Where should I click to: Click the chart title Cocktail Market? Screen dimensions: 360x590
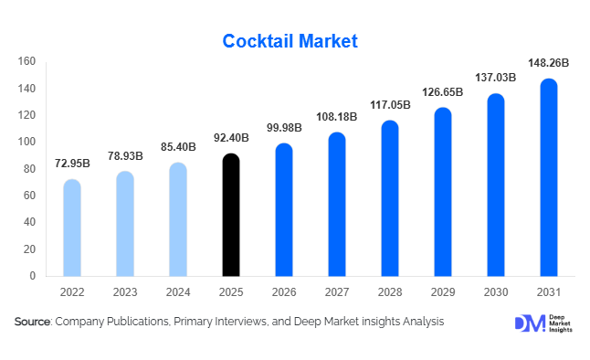[291, 41]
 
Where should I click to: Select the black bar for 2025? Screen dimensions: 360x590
[231, 215]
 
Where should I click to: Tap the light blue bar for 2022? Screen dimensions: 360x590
[71, 228]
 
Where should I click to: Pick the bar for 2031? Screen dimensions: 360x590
[549, 177]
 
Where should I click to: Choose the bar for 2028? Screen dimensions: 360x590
[390, 198]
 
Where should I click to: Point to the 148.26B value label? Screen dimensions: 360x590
[548, 64]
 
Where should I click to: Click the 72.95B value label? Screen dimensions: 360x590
[71, 164]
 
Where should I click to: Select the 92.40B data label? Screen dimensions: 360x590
[231, 139]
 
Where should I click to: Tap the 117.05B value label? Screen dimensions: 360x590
[390, 106]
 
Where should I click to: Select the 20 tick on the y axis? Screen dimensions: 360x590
[30, 249]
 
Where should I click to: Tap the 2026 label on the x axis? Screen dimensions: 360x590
[284, 293]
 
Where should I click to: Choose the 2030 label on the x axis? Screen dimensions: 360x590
[496, 293]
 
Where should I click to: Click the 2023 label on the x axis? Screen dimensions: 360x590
[125, 293]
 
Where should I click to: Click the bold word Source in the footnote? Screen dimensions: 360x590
[33, 323]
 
